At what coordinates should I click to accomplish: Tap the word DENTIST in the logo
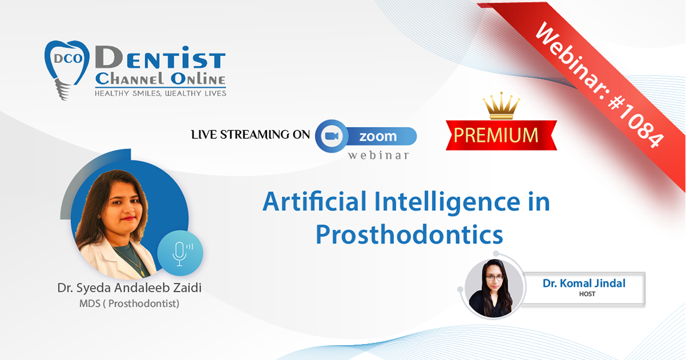[160, 58]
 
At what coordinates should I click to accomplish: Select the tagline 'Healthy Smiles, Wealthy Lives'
[160, 93]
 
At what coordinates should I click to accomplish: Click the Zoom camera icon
[332, 136]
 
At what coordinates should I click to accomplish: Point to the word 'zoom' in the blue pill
[378, 136]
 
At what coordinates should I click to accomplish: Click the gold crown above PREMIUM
[501, 106]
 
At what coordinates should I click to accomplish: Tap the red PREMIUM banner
[501, 135]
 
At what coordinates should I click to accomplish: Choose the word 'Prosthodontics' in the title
[409, 234]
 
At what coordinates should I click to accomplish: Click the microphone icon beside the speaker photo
[180, 254]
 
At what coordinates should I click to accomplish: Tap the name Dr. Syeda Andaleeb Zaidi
[129, 288]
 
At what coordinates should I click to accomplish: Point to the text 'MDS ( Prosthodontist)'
[129, 303]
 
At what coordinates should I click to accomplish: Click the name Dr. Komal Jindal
[584, 283]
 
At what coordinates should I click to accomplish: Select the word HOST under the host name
[587, 294]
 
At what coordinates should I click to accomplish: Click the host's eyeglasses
[494, 278]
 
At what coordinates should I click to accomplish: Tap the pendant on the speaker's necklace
[142, 272]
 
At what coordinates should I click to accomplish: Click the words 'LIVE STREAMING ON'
[250, 135]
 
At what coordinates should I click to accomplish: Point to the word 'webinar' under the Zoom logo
[378, 155]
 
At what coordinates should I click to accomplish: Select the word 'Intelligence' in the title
[447, 203]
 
